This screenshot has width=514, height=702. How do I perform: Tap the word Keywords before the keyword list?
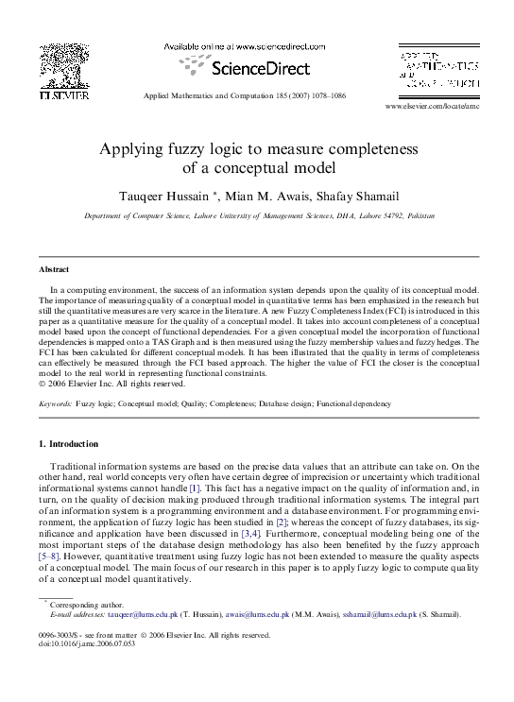click(x=55, y=403)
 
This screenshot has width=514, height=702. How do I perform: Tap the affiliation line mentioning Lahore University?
click(x=260, y=216)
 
